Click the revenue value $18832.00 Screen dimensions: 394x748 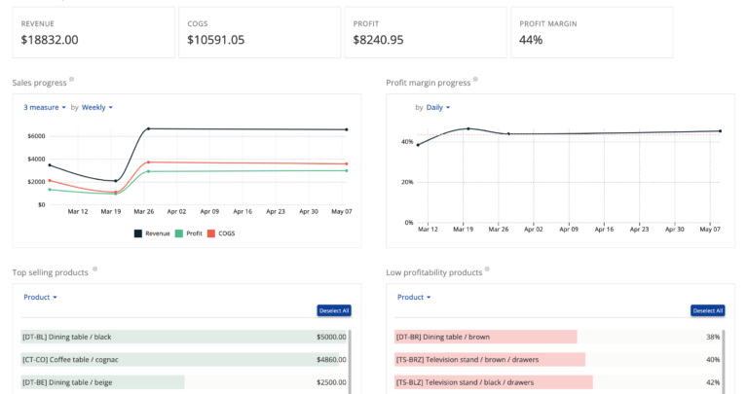tap(50, 40)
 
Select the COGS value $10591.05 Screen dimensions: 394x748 tap(215, 40)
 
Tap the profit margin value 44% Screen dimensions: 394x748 tap(531, 40)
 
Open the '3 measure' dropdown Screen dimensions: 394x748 tap(45, 107)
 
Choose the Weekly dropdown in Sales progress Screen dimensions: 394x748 tap(97, 107)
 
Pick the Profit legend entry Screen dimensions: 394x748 tap(189, 233)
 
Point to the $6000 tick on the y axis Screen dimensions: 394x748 tap(35, 135)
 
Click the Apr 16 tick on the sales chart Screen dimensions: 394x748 tap(243, 211)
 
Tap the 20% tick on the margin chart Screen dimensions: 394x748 tap(406, 182)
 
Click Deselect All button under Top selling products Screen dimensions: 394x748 tap(333, 310)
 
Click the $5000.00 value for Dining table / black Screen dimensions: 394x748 tap(331, 338)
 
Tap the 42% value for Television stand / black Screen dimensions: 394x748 tap(713, 382)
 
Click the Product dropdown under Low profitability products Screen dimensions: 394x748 tap(414, 297)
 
